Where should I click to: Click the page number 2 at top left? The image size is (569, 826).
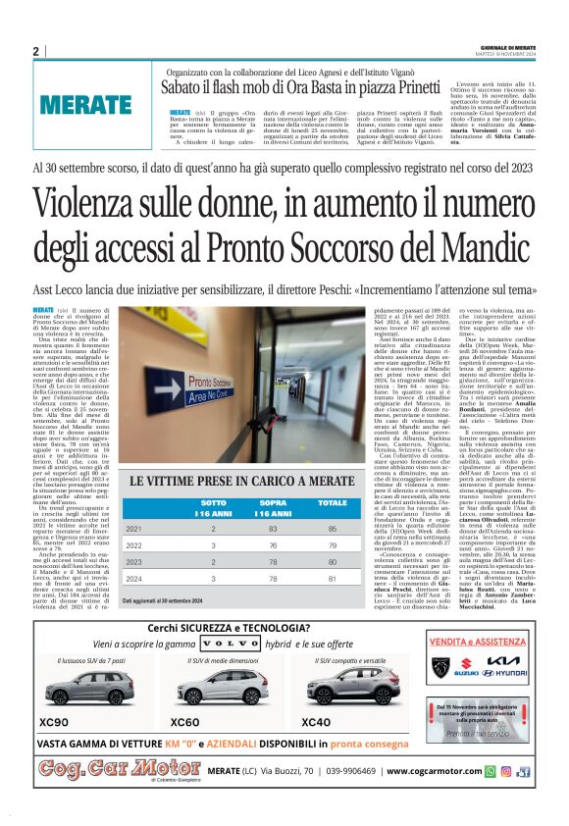pyautogui.click(x=35, y=51)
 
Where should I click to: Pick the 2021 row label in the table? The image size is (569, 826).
pyautogui.click(x=135, y=529)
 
